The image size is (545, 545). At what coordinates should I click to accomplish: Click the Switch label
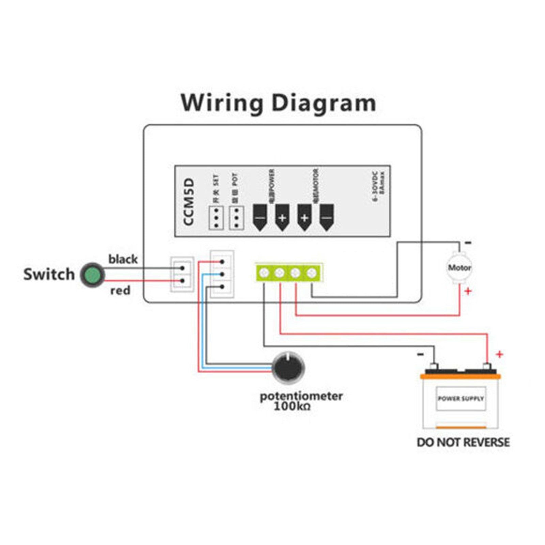pyautogui.click(x=49, y=274)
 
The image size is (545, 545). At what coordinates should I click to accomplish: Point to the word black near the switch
pyautogui.click(x=123, y=259)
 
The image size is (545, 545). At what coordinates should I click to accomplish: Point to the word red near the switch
pyautogui.click(x=120, y=291)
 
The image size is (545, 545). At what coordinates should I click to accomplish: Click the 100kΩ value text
pyautogui.click(x=292, y=406)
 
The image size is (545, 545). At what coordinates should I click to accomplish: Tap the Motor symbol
pyautogui.click(x=459, y=268)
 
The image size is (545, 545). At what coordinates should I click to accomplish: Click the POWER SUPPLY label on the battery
pyautogui.click(x=461, y=398)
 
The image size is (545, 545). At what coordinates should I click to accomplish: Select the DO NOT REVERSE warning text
pyautogui.click(x=463, y=442)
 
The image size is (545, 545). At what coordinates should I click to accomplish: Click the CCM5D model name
pyautogui.click(x=188, y=201)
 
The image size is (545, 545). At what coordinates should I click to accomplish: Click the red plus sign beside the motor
pyautogui.click(x=468, y=291)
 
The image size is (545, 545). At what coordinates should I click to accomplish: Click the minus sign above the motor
pyautogui.click(x=468, y=243)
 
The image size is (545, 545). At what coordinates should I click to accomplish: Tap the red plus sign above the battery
pyautogui.click(x=499, y=355)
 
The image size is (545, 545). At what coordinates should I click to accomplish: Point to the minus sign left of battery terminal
pyautogui.click(x=420, y=355)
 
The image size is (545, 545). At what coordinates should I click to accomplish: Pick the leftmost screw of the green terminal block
pyautogui.click(x=264, y=272)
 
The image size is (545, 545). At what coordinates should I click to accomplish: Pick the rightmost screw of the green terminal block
pyautogui.click(x=311, y=272)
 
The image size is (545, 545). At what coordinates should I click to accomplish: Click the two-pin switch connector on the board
pyautogui.click(x=182, y=275)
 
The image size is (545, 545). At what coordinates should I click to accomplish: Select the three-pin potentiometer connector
pyautogui.click(x=222, y=274)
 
